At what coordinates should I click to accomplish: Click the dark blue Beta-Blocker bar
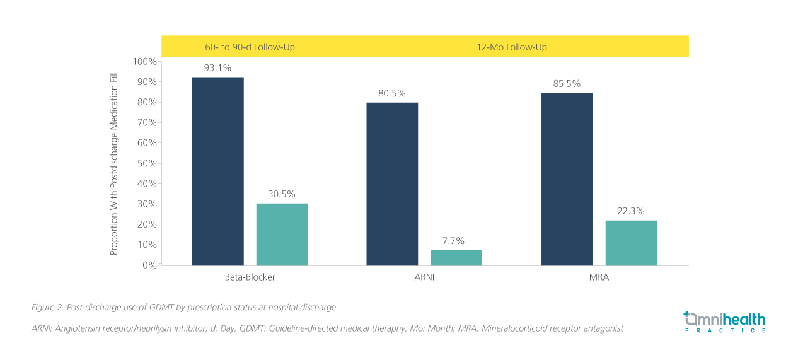217,171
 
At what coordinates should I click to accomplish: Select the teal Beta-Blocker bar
282,234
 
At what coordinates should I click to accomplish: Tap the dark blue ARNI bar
391,183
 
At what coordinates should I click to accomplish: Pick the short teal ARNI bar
456,257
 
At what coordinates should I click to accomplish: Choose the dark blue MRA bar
567,179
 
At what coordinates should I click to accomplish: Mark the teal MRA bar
630,243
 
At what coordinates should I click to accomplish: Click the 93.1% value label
217,67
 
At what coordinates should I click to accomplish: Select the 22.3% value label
630,211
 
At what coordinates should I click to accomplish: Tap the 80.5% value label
391,93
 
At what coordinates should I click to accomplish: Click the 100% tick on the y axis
144,62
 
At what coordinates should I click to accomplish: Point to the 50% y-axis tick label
146,163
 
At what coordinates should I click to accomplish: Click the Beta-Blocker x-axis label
250,277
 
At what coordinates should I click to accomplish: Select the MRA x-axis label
599,277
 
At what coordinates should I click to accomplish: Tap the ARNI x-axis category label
424,277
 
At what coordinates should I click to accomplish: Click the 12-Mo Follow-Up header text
512,47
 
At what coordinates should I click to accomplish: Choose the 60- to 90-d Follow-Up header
250,47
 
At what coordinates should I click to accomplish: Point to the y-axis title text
114,163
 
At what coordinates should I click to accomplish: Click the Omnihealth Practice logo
725,322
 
